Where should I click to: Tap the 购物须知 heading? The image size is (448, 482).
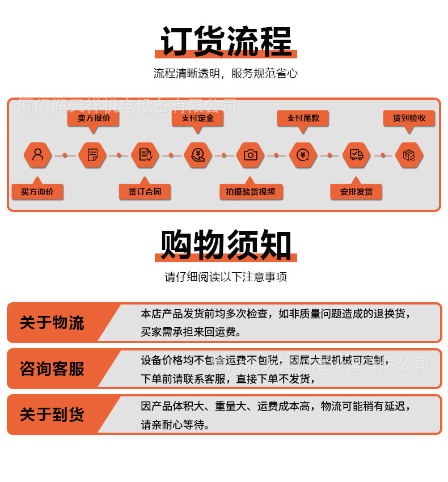226,245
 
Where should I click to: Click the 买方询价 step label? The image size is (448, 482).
37,192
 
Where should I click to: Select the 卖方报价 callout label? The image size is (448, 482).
94,119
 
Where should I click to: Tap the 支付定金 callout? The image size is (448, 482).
197,119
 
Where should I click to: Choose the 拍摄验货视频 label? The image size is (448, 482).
251,192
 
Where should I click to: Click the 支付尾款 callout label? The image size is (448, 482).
303,119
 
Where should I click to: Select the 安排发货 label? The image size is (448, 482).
356,192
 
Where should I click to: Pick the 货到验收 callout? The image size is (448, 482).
409,119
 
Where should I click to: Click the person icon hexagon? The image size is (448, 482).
38,155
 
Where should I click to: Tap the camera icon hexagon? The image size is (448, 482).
251,155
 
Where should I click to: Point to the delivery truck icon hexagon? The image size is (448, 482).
356,155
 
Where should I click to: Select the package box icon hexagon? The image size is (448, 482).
409,155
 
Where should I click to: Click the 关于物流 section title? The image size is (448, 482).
52,323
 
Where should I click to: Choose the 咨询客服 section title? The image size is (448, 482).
52,369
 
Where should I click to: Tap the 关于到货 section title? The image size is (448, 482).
52,415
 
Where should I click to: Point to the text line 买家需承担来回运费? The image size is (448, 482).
191,332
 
